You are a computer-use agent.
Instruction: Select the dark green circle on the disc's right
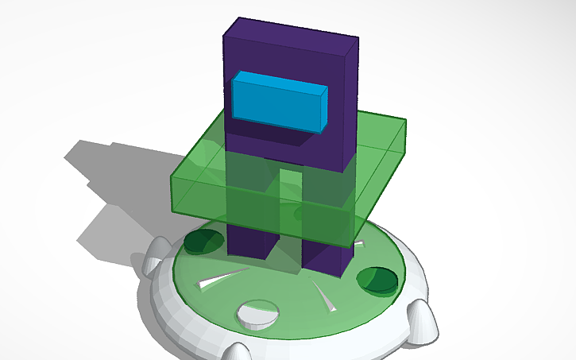coord(377,279)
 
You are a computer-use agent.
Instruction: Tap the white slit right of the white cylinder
coord(327,297)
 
